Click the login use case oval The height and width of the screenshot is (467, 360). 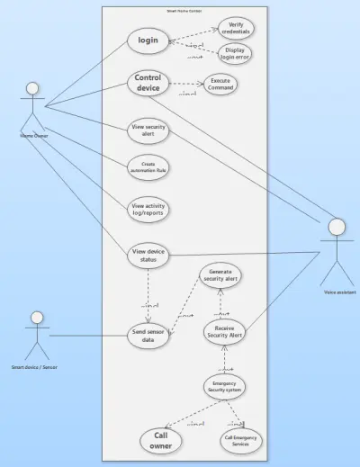pyautogui.click(x=148, y=40)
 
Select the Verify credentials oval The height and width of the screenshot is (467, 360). pyautogui.click(x=236, y=27)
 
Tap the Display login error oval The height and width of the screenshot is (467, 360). pyautogui.click(x=236, y=53)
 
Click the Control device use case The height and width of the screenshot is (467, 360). pyautogui.click(x=148, y=83)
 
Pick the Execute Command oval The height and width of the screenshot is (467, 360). pyautogui.click(x=220, y=84)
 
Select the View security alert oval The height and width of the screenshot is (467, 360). pyautogui.click(x=148, y=130)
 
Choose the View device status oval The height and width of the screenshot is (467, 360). pyautogui.click(x=148, y=255)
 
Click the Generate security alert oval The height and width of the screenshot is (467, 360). pyautogui.click(x=221, y=275)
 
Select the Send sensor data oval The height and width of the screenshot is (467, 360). pyautogui.click(x=148, y=337)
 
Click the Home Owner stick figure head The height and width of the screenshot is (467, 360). pyautogui.click(x=33, y=89)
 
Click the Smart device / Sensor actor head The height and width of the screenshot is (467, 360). pyautogui.click(x=37, y=318)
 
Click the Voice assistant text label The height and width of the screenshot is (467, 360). pyautogui.click(x=339, y=292)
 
